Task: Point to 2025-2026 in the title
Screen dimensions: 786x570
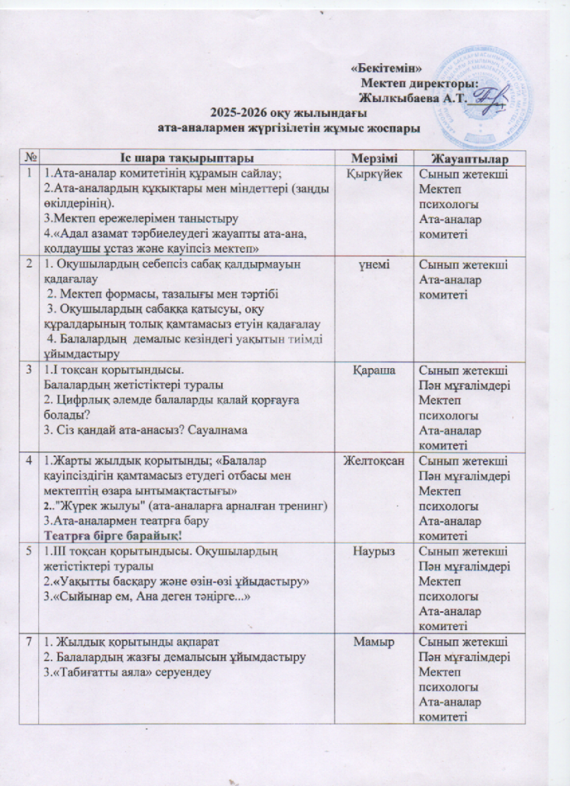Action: pos(238,114)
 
